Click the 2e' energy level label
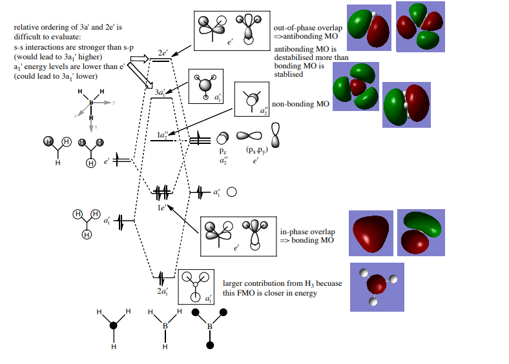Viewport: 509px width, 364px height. (163, 52)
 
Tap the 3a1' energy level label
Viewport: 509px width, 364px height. (161, 92)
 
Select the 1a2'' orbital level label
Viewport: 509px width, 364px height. (162, 134)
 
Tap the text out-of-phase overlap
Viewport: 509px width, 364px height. (306, 28)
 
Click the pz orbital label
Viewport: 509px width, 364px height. (223, 150)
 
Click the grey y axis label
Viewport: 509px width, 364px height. (113, 102)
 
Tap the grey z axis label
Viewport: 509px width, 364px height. (75, 115)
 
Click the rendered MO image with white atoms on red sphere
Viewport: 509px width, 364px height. (377, 285)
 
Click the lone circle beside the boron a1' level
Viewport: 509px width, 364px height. (231, 192)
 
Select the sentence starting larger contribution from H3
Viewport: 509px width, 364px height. (282, 288)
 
